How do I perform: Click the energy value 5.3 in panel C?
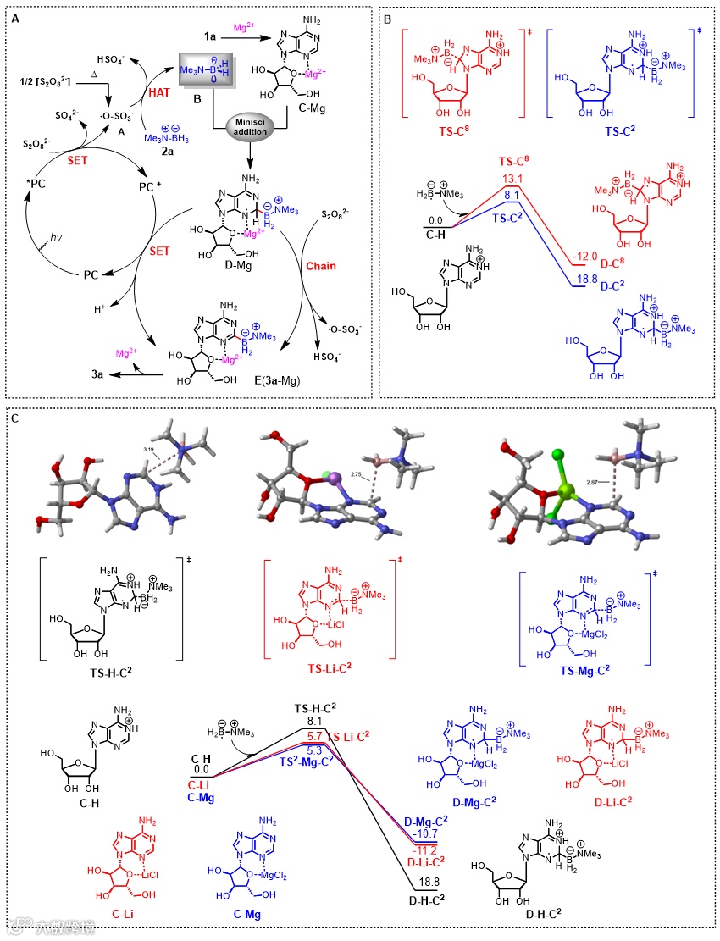click(x=313, y=750)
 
